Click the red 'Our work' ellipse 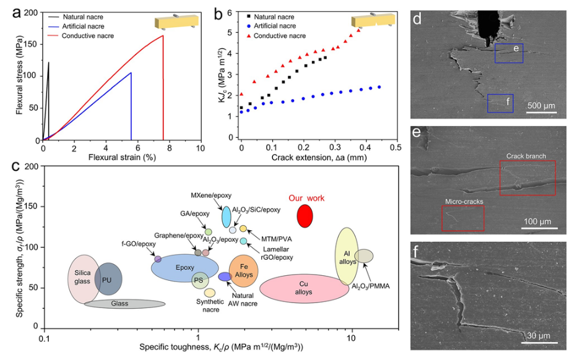pyautogui.click(x=305, y=215)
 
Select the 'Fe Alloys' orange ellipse pyautogui.click(x=243, y=270)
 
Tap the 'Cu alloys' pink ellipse pyautogui.click(x=304, y=288)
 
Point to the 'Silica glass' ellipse pyautogui.click(x=83, y=277)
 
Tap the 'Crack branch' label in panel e pyautogui.click(x=526, y=156)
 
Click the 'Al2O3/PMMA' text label pyautogui.click(x=374, y=286)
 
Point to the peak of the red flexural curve pyautogui.click(x=163, y=35)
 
